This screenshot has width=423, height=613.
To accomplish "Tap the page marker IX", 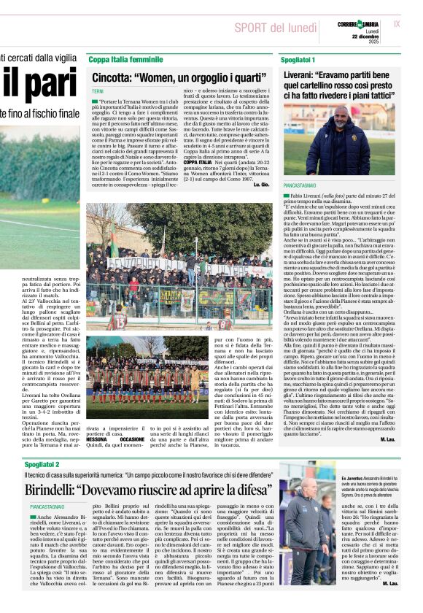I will [396, 23].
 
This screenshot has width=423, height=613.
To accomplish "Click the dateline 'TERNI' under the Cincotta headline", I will [98, 90].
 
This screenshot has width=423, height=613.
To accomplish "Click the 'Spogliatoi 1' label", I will [299, 58].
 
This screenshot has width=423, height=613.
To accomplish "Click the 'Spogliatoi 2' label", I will [42, 464].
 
